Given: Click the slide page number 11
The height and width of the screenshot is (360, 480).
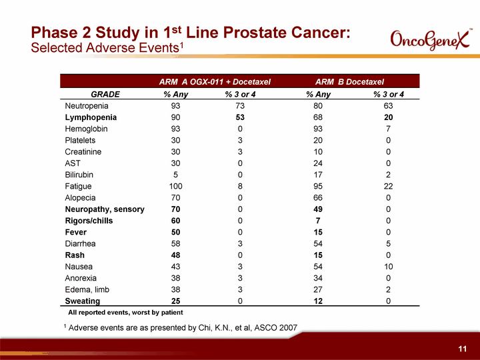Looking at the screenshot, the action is (x=462, y=349).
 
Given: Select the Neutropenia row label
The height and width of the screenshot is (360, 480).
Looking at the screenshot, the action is (x=87, y=106).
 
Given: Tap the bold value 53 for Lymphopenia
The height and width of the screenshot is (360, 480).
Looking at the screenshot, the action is (x=240, y=117).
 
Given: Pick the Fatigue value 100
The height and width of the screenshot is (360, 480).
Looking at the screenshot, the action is (x=176, y=186).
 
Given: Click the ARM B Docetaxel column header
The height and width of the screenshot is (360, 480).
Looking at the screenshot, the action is (x=349, y=82).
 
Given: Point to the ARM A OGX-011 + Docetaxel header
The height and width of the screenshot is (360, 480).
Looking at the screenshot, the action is (x=215, y=82).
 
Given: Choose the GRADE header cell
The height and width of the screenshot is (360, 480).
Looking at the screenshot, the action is (x=105, y=94).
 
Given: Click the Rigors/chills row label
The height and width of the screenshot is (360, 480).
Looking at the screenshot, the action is (x=89, y=221).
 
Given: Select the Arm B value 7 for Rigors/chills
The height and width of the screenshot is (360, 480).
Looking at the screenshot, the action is (x=318, y=221).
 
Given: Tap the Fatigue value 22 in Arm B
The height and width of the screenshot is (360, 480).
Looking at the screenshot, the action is (x=388, y=186).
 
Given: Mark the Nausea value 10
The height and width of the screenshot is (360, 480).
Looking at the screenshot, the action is (x=388, y=267).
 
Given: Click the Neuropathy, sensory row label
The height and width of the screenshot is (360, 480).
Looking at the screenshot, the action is (x=105, y=209).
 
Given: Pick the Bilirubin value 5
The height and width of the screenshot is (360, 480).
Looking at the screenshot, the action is (x=176, y=175).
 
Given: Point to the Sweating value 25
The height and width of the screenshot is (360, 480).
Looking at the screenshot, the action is (x=176, y=301).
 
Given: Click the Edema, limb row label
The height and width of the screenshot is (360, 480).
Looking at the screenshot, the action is (x=87, y=289).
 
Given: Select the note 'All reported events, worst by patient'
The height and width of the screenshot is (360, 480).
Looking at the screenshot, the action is (x=125, y=313).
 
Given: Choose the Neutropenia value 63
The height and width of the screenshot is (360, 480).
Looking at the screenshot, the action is (x=388, y=106).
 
